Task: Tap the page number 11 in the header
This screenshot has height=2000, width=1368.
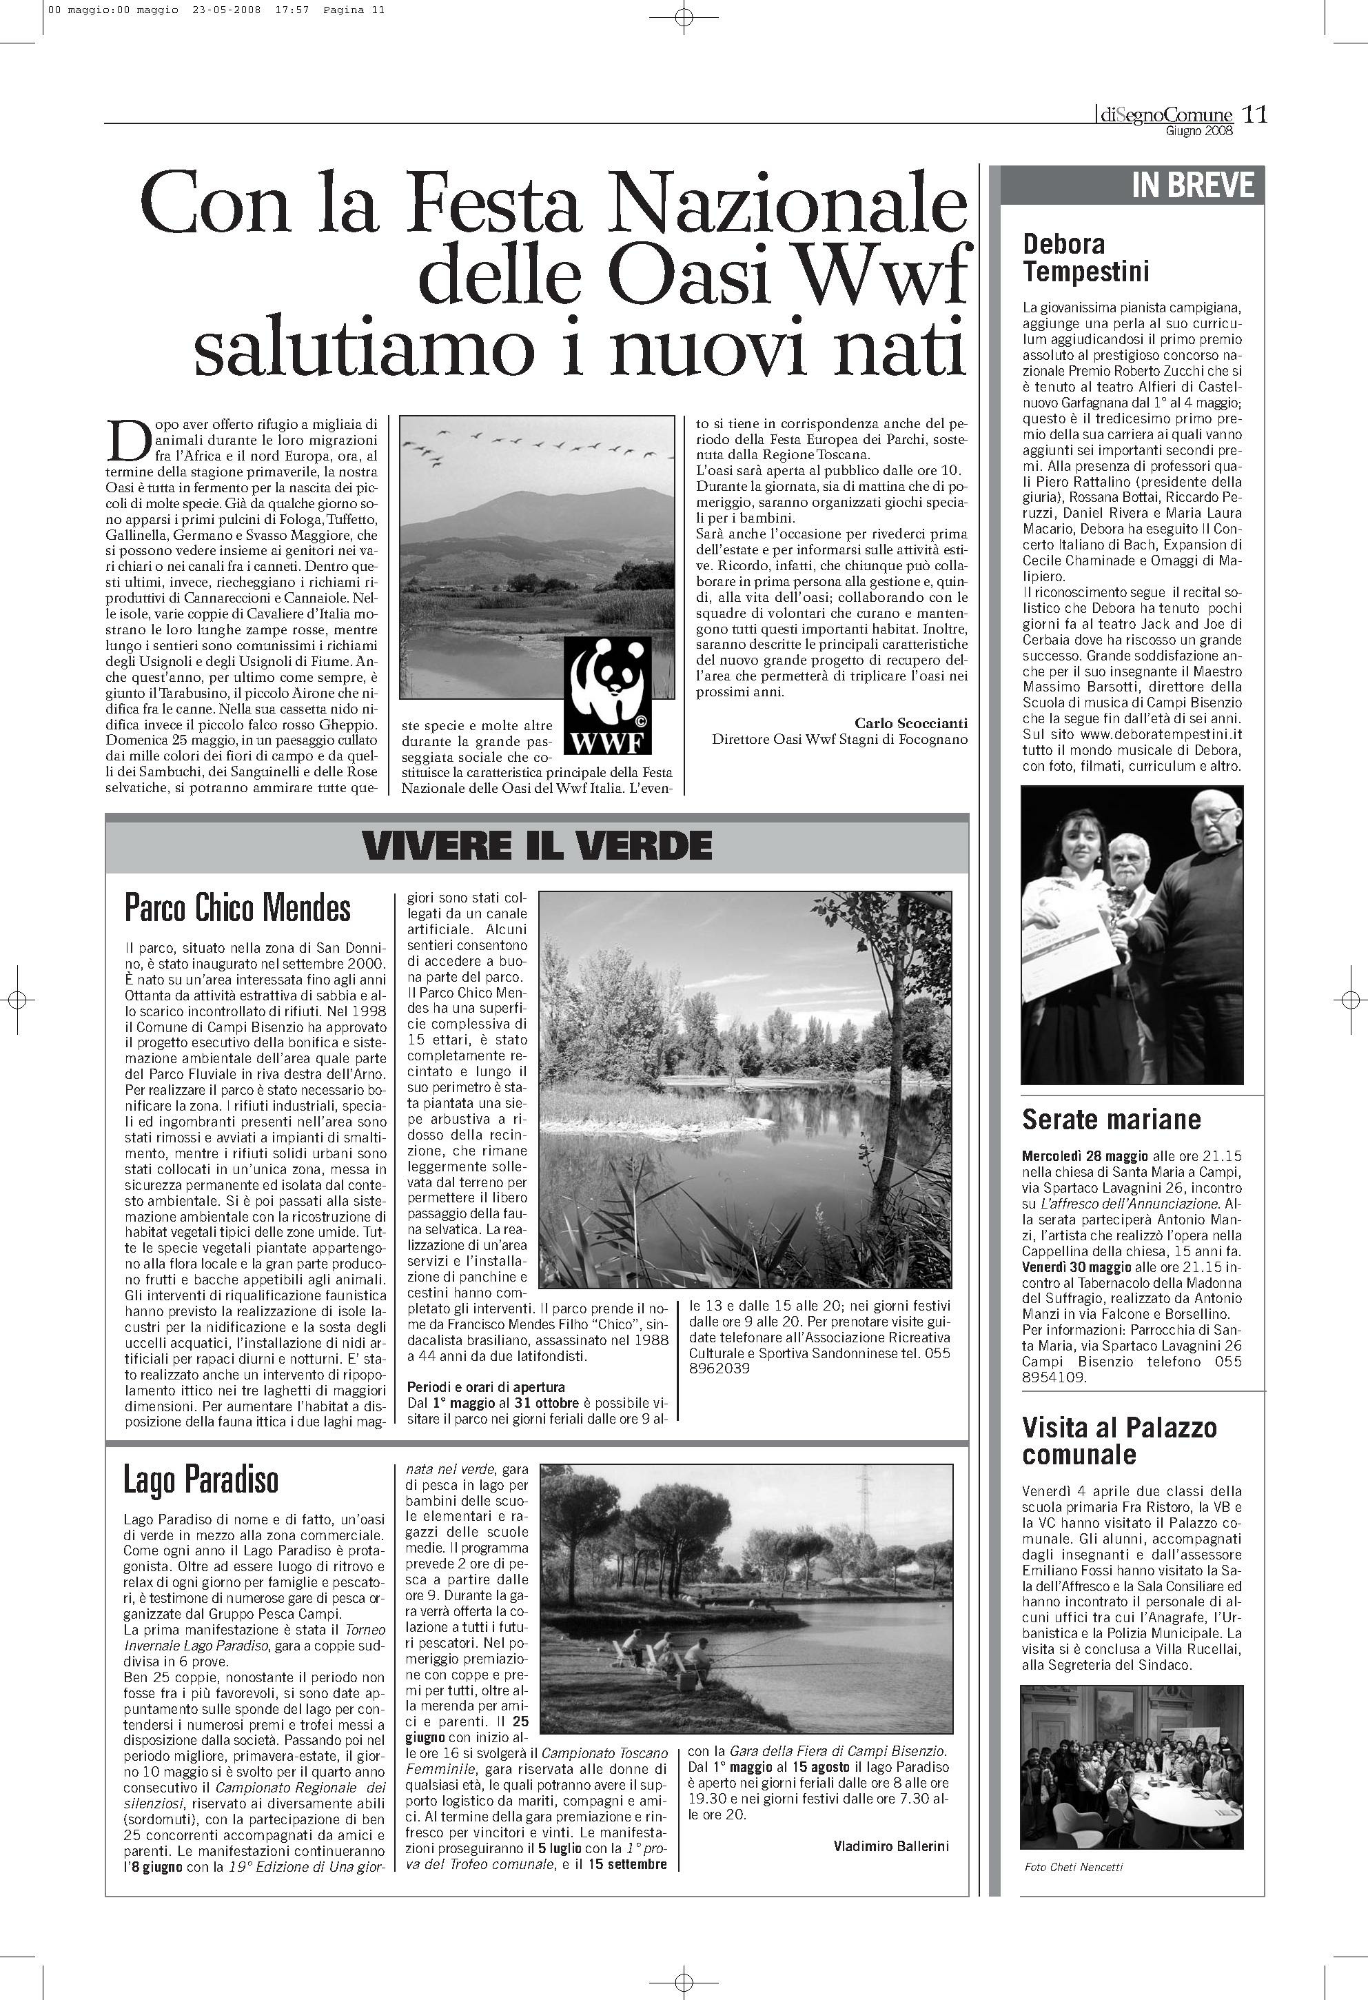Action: [x=1255, y=114]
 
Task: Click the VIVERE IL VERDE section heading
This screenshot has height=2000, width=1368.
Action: [x=537, y=846]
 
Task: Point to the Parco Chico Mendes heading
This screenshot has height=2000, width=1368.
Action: [x=238, y=907]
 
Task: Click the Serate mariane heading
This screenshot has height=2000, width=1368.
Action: [x=1111, y=1120]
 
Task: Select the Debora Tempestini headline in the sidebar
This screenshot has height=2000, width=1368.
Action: [x=1086, y=258]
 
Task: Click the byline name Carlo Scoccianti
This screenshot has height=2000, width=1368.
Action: [x=910, y=723]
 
